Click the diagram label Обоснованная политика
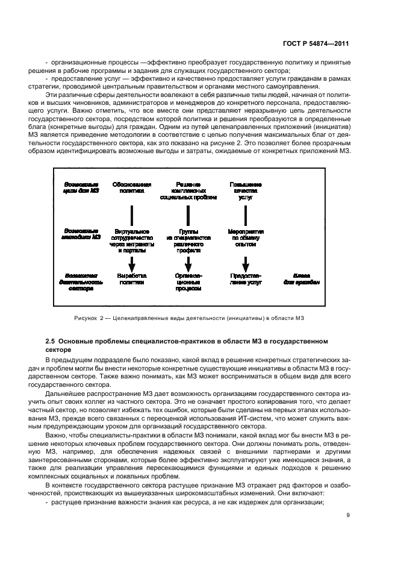(x=132, y=187)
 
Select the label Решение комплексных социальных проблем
(x=188, y=190)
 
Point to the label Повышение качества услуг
(x=245, y=190)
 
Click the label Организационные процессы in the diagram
(x=188, y=281)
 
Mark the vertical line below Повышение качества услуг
(x=245, y=215)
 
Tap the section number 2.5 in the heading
(x=51, y=341)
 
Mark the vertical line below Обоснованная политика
(x=132, y=215)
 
